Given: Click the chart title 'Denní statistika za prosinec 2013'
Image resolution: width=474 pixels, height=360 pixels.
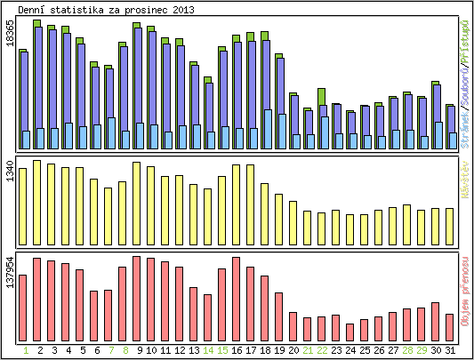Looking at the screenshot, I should (107, 9).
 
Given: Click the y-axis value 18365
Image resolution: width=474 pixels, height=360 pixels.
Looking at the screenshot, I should (9, 43).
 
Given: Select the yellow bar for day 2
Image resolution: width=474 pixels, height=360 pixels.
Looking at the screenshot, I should (36, 196).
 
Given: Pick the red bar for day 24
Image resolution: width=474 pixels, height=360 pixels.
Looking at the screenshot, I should (349, 332).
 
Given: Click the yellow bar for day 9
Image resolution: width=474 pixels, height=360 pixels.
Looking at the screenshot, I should (136, 196).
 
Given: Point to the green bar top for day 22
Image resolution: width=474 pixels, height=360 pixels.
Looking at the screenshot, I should (321, 95).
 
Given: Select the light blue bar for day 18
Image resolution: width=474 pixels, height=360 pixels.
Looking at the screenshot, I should (268, 129).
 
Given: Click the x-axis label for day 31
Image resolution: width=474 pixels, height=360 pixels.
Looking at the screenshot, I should (450, 351).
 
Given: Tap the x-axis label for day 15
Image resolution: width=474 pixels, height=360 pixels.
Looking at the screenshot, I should (222, 351).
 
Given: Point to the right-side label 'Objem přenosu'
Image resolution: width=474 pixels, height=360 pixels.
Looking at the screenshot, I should (464, 292).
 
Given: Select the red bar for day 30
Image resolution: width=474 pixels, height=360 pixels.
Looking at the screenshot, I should (435, 321).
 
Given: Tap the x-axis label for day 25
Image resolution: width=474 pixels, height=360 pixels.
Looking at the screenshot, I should (365, 351).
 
